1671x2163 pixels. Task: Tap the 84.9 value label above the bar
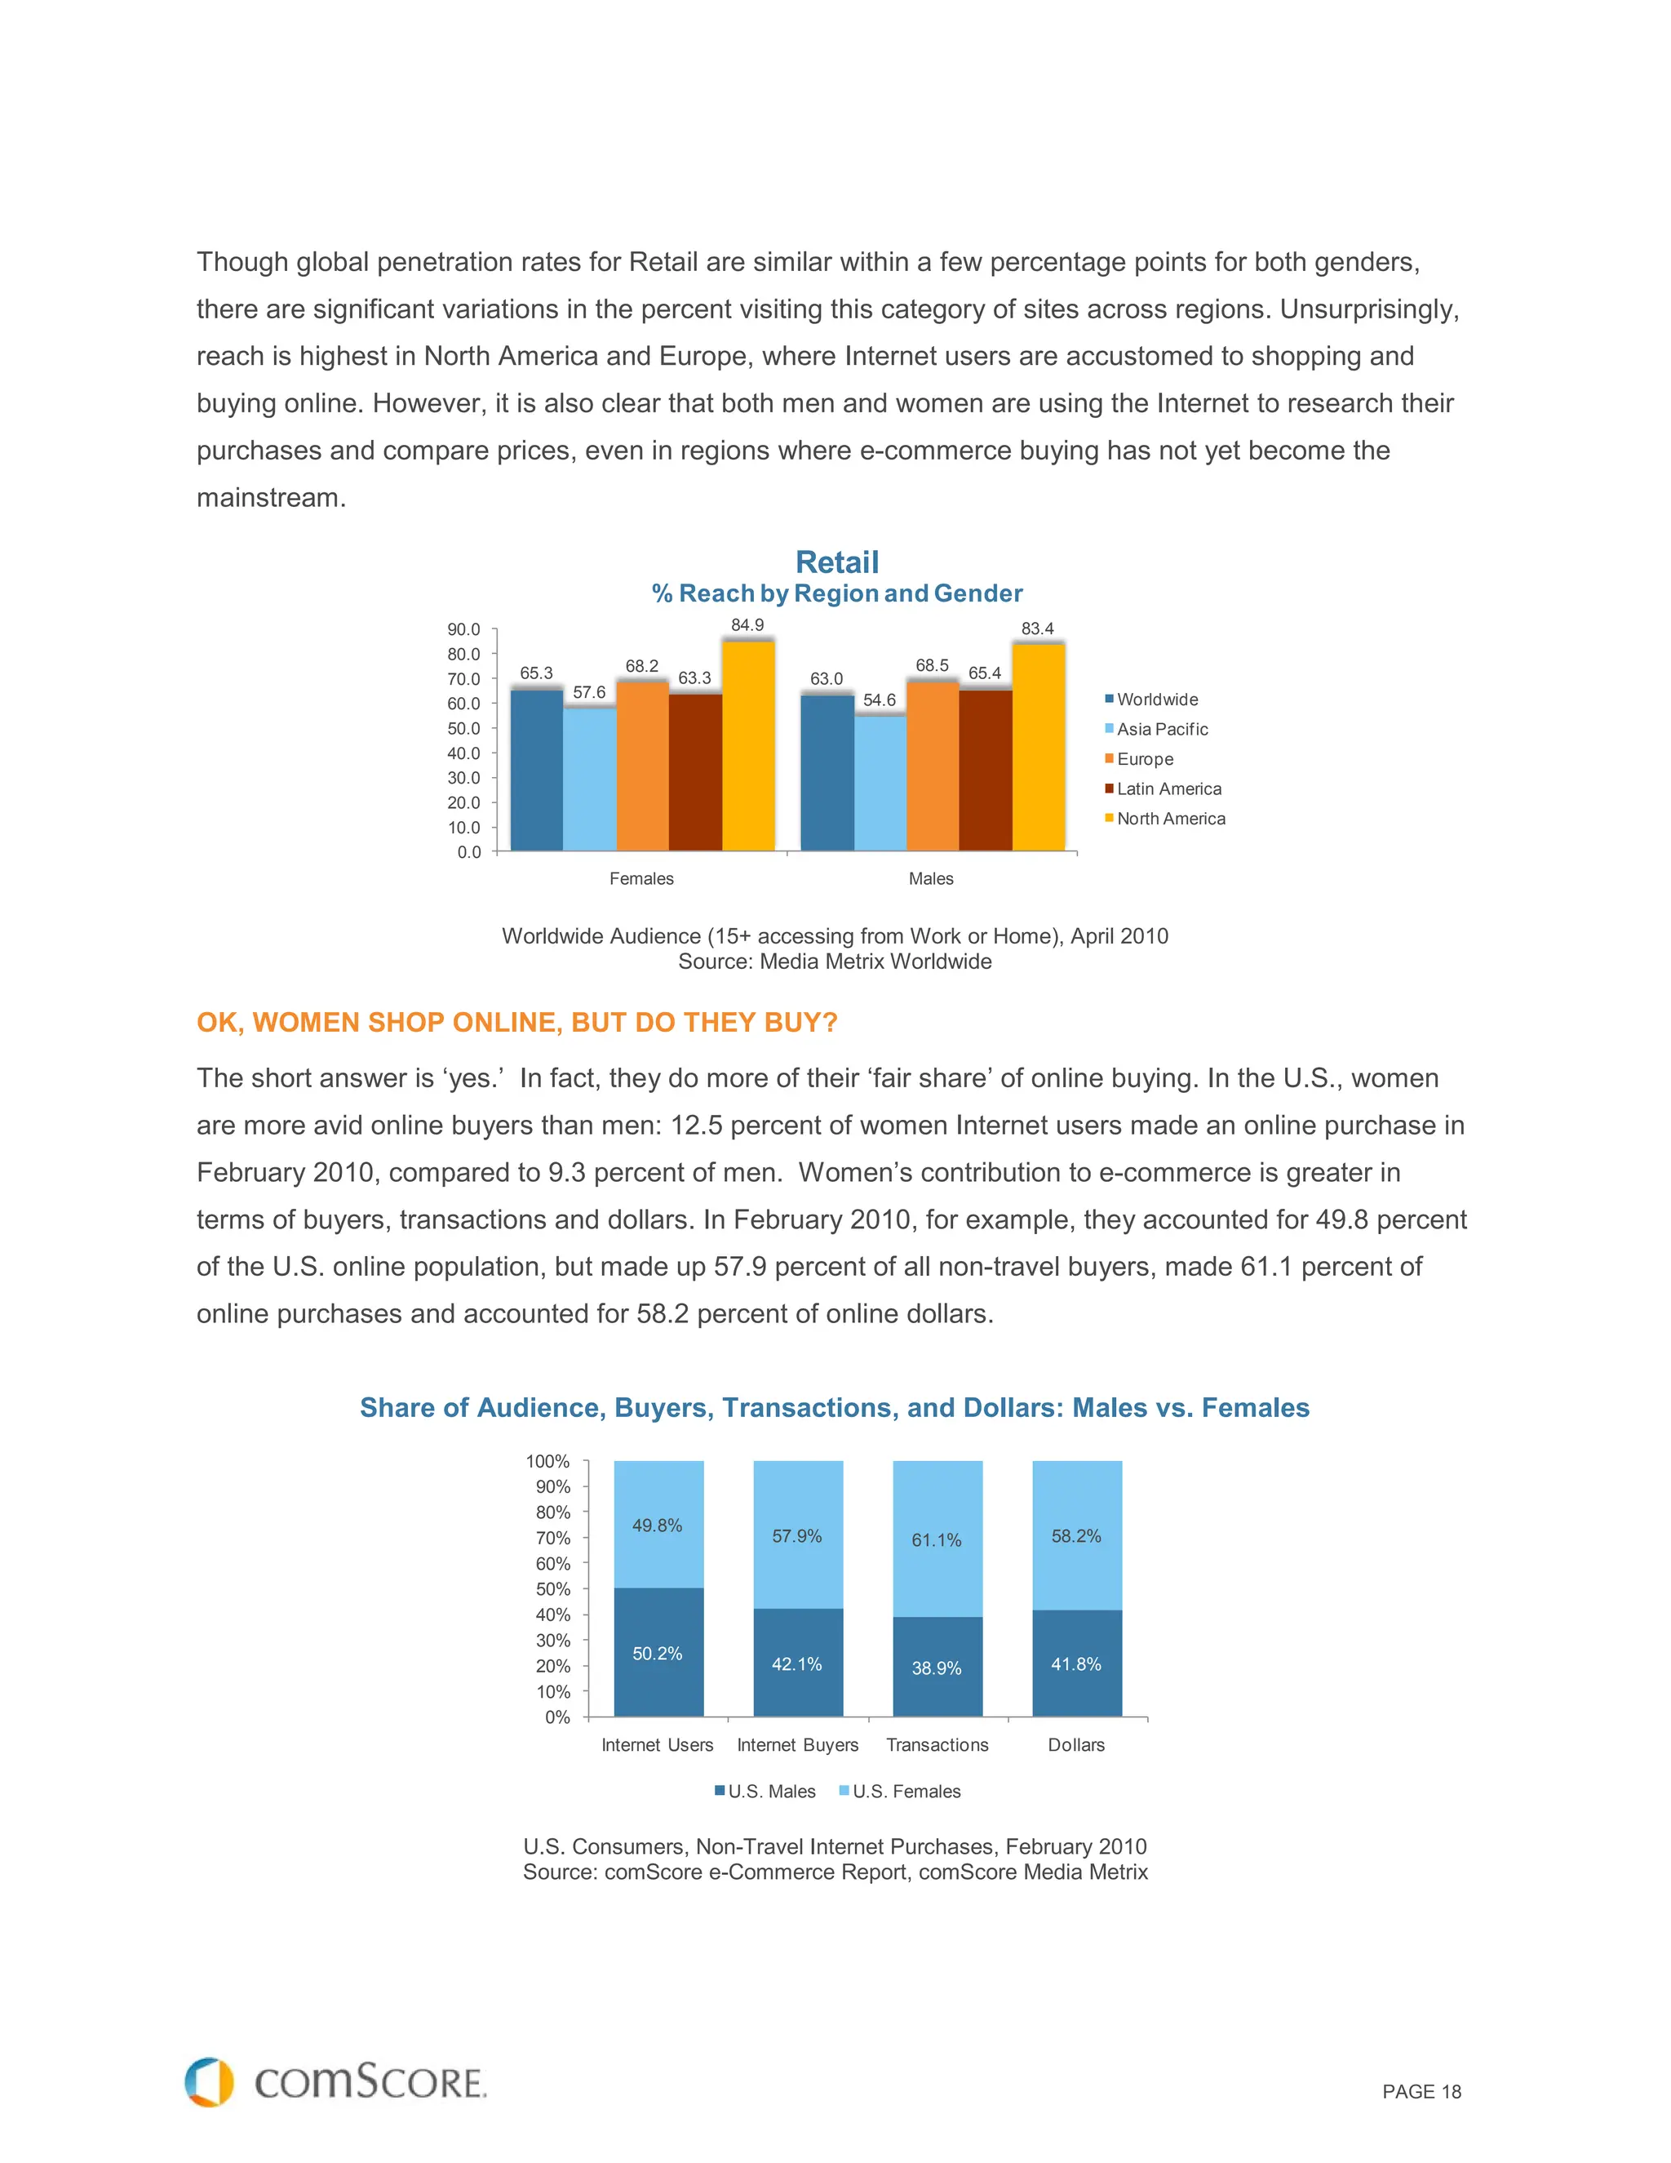(747, 625)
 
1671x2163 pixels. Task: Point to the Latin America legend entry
(1168, 789)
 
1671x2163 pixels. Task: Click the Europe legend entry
(1145, 760)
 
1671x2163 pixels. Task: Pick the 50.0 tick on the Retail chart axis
(463, 728)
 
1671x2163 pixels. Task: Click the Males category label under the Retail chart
(930, 878)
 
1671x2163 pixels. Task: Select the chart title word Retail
(836, 562)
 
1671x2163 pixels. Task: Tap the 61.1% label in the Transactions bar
(937, 1540)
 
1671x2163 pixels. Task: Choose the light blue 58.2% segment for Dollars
(1077, 1535)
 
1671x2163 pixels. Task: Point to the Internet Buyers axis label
(797, 1745)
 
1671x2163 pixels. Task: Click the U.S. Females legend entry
(905, 1792)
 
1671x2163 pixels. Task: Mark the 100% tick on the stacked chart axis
(547, 1462)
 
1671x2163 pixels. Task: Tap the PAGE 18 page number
(1421, 2092)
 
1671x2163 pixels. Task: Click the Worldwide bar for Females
(537, 770)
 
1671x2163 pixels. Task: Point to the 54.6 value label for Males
(879, 700)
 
